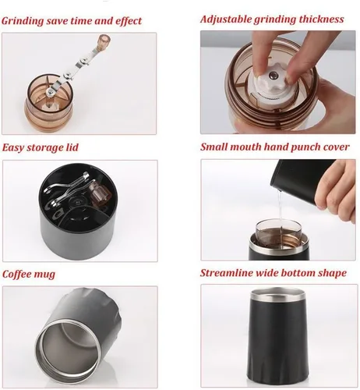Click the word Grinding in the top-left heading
pyautogui.click(x=23, y=21)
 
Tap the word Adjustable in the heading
pyautogui.click(x=225, y=19)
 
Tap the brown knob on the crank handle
pyautogui.click(x=104, y=41)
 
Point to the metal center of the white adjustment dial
pyautogui.click(x=273, y=76)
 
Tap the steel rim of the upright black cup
pyautogui.click(x=277, y=294)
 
